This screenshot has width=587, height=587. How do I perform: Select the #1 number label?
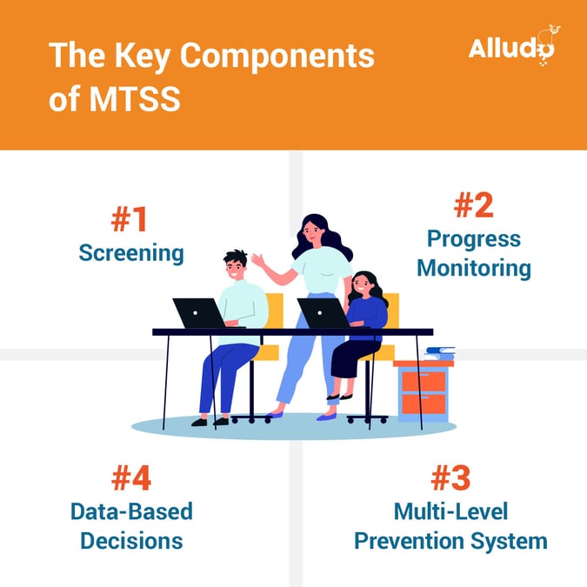pos(130,221)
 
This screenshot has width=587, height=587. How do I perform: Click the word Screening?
pos(131,253)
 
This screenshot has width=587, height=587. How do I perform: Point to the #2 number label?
pos(473,206)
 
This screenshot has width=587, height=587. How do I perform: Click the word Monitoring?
pos(474,268)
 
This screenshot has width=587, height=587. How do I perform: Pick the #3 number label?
pos(450,478)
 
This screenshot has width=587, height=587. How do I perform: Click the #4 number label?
pos(131,478)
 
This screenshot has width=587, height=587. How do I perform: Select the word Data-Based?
pos(131,510)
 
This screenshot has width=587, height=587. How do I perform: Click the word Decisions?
pos(131,540)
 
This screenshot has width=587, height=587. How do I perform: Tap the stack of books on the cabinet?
pos(440,353)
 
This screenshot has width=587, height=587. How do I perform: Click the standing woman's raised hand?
pos(257,260)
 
